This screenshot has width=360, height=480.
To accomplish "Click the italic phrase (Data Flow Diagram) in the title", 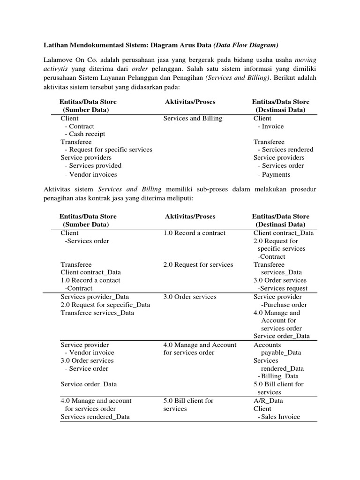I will (246, 45).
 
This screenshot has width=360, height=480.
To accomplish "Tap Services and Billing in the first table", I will (193, 119).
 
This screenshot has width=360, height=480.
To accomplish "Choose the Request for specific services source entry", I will (108, 150).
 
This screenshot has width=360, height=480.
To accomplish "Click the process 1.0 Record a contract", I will (194, 233).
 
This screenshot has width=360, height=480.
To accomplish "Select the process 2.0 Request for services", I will (198, 264).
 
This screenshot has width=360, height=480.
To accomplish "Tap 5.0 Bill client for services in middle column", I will (188, 405).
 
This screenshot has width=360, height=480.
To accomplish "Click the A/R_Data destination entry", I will (268, 401).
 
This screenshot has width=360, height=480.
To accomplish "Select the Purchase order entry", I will (284, 305).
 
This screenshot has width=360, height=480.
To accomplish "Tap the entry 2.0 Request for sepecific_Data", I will (105, 305).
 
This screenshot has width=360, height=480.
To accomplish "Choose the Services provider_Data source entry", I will (95, 297).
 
